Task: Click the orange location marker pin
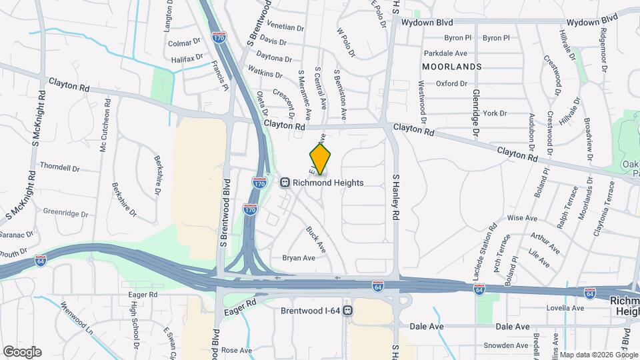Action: click(x=320, y=159)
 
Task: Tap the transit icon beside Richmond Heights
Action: click(x=285, y=181)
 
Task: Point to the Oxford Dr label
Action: click(x=451, y=84)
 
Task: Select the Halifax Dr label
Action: click(x=185, y=59)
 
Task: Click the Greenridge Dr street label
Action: click(x=65, y=213)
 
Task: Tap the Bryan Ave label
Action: click(x=298, y=257)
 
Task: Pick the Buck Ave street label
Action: click(x=315, y=239)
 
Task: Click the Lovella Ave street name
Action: click(x=565, y=308)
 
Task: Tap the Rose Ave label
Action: click(x=237, y=350)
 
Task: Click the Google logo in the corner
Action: click(x=22, y=352)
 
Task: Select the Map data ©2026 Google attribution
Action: click(x=598, y=355)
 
